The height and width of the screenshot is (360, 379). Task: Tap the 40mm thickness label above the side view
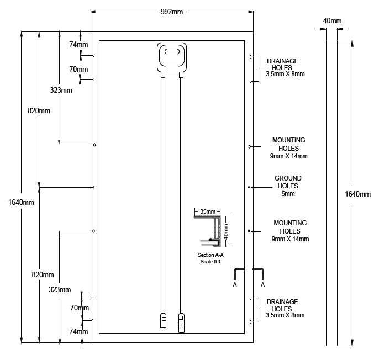pyautogui.click(x=332, y=21)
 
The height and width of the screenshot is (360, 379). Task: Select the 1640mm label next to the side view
pyautogui.click(x=357, y=194)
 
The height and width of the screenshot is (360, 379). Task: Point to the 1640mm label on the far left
pyautogui.click(x=22, y=202)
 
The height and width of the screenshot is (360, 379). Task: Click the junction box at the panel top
pyautogui.click(x=172, y=57)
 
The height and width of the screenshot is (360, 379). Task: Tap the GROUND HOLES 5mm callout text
pyautogui.click(x=288, y=186)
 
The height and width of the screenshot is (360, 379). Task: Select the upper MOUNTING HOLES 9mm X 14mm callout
pyautogui.click(x=288, y=148)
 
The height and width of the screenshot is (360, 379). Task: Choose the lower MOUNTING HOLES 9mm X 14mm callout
pyautogui.click(x=289, y=231)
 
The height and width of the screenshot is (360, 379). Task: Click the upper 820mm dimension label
pyautogui.click(x=39, y=110)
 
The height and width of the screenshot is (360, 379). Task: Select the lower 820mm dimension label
pyautogui.click(x=43, y=274)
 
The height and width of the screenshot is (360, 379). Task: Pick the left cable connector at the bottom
pyautogui.click(x=163, y=322)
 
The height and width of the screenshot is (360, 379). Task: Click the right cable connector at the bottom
pyautogui.click(x=181, y=322)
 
